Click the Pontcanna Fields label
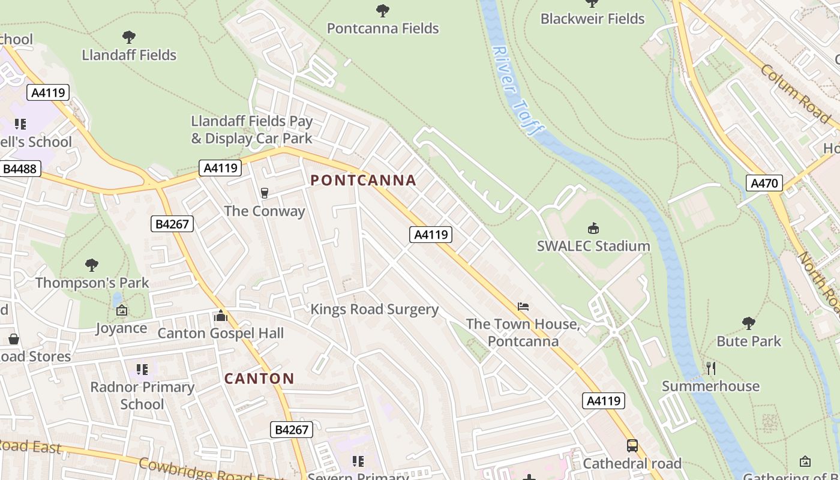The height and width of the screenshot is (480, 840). pyautogui.click(x=382, y=28)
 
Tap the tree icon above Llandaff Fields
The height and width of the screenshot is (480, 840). pyautogui.click(x=128, y=37)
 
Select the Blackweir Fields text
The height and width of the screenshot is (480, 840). pyautogui.click(x=592, y=19)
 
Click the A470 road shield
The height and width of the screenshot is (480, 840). pyautogui.click(x=764, y=183)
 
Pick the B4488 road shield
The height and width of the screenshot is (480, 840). pyautogui.click(x=20, y=169)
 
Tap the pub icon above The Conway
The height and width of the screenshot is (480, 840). pyautogui.click(x=264, y=193)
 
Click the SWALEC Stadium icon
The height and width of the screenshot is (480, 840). pyautogui.click(x=593, y=228)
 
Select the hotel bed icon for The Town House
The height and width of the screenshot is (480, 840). pyautogui.click(x=523, y=307)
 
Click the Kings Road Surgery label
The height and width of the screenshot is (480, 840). pyautogui.click(x=374, y=310)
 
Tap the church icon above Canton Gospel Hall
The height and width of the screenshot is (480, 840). pyautogui.click(x=220, y=316)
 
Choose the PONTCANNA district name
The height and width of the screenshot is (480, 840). pyautogui.click(x=363, y=180)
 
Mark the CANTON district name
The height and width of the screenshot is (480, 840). pyautogui.click(x=259, y=379)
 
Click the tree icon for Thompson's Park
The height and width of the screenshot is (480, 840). pyautogui.click(x=91, y=265)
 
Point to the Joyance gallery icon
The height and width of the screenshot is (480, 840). pyautogui.click(x=122, y=310)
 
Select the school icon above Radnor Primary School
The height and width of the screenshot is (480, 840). pyautogui.click(x=142, y=369)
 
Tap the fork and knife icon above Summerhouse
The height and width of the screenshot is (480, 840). pyautogui.click(x=710, y=368)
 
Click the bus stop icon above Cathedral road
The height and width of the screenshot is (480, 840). pyautogui.click(x=632, y=446)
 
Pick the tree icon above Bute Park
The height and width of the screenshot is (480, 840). pyautogui.click(x=748, y=323)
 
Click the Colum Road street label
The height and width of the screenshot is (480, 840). pyautogui.click(x=795, y=94)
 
